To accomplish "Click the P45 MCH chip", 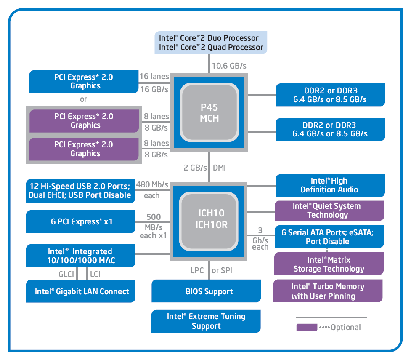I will [209, 112].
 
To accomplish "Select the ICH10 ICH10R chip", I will [209, 219].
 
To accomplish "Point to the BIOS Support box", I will [209, 291].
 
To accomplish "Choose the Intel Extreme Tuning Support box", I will [206, 321].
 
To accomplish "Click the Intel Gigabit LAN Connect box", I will [81, 291].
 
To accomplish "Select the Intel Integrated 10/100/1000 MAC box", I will [81, 256].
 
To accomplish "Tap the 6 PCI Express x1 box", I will [81, 221].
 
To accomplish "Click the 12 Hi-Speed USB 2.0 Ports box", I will [81, 190].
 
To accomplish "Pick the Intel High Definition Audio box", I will [329, 186].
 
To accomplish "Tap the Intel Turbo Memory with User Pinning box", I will [328, 291].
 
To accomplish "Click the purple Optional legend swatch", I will [307, 327].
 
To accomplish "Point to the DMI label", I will [219, 168].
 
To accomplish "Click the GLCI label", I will [66, 274].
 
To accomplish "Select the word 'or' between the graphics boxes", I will [83, 99].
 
